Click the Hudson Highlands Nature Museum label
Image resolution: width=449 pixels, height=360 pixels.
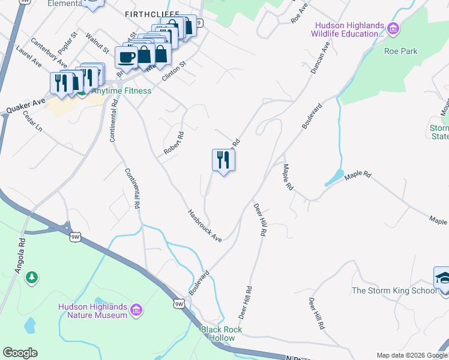point(92,310)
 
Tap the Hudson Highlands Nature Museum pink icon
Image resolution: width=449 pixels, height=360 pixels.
point(136,310)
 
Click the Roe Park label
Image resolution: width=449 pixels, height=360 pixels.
point(401,52)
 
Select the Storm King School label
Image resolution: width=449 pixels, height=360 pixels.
point(394,291)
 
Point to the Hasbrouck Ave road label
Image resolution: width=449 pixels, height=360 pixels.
point(205,225)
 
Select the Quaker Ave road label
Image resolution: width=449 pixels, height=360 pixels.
point(26,107)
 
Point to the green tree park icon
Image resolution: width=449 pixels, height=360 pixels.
point(32,278)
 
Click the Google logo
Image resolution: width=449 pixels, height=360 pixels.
point(20,353)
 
